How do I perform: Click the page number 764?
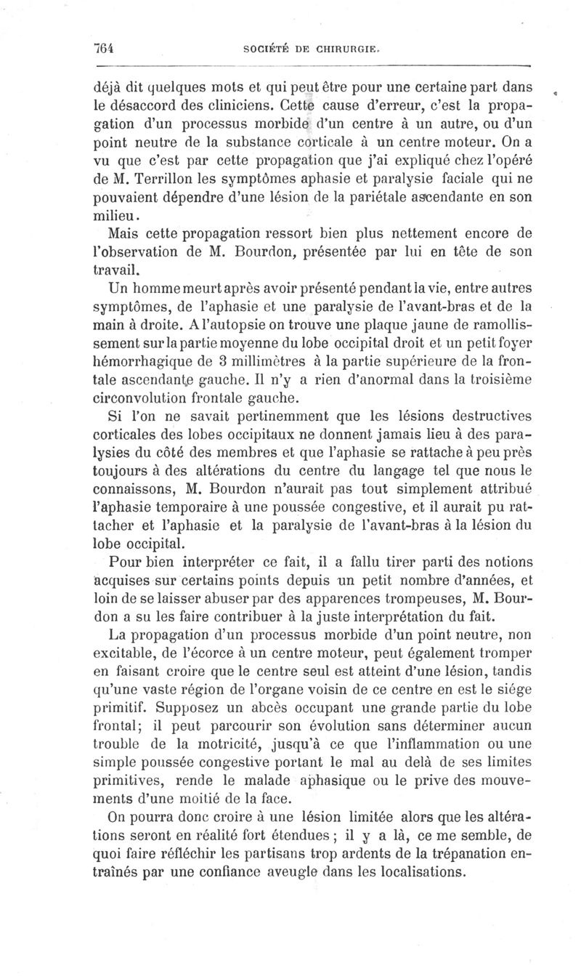[107, 48]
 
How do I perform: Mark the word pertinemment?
[243, 415]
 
